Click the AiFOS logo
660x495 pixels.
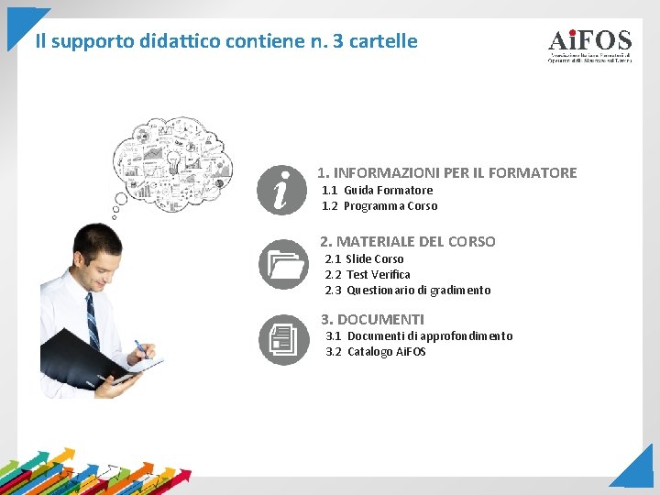(589, 45)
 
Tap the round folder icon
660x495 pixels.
(284, 265)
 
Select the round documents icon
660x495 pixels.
(284, 340)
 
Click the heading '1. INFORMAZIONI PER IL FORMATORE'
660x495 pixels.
(446, 172)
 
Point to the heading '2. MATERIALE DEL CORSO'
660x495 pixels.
(407, 241)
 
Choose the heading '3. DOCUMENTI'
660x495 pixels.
(372, 319)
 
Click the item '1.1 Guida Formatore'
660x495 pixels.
(377, 190)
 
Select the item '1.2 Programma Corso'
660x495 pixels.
(379, 205)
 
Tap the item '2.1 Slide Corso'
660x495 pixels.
(364, 258)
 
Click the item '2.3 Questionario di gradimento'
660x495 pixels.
(408, 290)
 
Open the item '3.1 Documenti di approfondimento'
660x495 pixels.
(419, 335)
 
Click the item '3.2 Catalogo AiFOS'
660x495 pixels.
(376, 351)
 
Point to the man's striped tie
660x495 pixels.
(92, 321)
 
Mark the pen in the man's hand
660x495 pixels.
(141, 349)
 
